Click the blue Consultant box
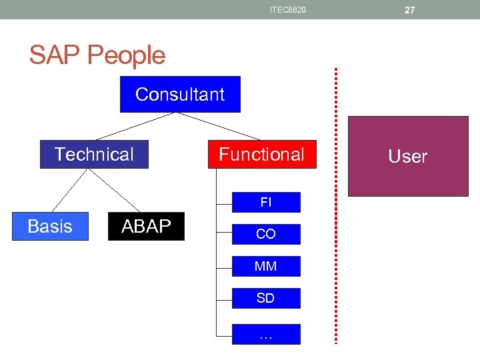(180, 95)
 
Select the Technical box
(94, 155)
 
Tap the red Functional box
(261, 155)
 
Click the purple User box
(408, 157)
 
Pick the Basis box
(50, 227)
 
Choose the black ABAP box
(146, 227)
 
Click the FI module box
(265, 203)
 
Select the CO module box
(265, 234)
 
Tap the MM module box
(265, 266)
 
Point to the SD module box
(265, 298)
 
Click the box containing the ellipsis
(265, 335)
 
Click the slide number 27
(409, 10)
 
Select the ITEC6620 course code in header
(288, 10)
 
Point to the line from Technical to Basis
(70, 190)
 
